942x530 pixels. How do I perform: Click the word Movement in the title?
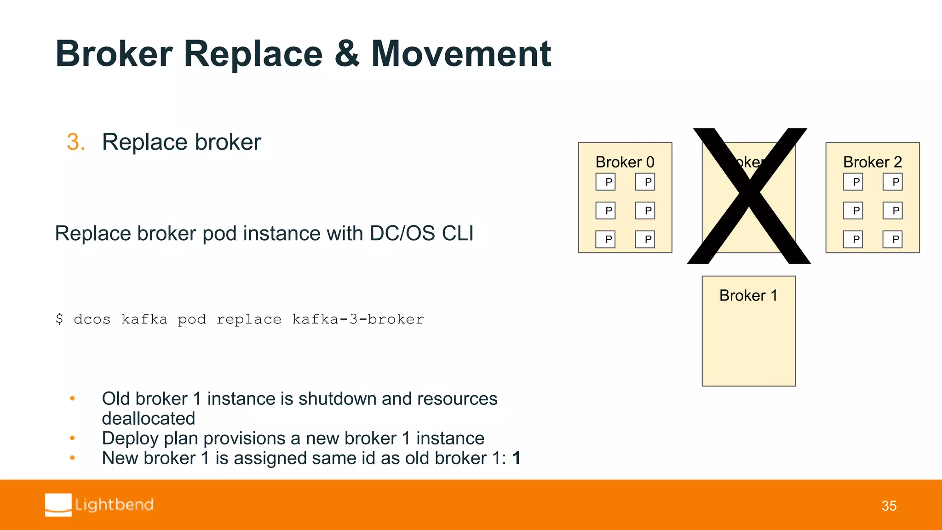tap(461, 54)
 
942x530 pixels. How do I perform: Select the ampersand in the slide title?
tap(347, 54)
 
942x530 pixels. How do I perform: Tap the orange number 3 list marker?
tap(75, 142)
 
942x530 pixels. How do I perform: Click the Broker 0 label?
tap(625, 162)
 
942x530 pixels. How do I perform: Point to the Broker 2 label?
tap(872, 162)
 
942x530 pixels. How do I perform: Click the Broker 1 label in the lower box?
tap(748, 295)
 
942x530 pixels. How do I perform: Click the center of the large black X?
tap(749, 196)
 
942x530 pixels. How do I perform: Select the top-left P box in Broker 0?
tap(605, 182)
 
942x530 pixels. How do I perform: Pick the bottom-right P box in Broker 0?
tap(645, 239)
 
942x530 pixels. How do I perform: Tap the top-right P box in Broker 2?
tap(892, 182)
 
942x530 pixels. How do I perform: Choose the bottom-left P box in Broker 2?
tap(853, 239)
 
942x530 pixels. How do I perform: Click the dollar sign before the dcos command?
tap(59, 319)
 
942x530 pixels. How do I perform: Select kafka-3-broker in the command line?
tap(358, 319)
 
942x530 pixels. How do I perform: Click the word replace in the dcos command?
tap(249, 319)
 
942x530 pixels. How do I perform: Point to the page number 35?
tap(889, 506)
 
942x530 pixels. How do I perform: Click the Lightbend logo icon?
tap(58, 505)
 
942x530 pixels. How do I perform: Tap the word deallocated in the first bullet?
tap(149, 419)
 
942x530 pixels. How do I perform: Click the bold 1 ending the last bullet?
tap(517, 458)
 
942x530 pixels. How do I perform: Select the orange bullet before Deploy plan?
tap(72, 438)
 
